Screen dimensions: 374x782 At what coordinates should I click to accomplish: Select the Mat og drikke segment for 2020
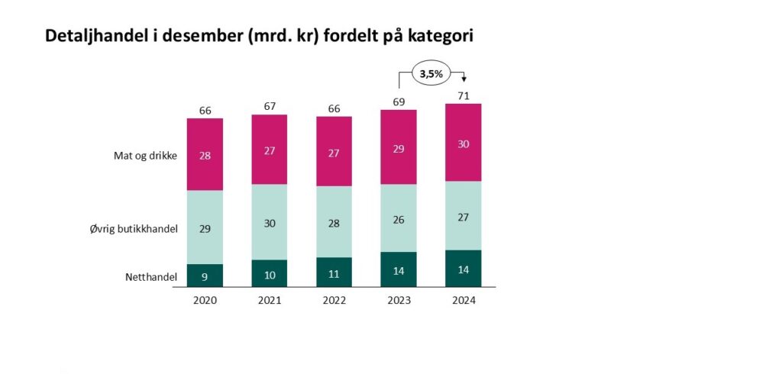coord(205,155)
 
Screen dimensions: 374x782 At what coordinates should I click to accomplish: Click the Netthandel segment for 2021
coord(270,274)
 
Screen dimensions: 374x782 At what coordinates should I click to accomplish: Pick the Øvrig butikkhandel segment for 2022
coord(334,221)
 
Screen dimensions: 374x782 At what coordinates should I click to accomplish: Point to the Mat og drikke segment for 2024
coord(464,143)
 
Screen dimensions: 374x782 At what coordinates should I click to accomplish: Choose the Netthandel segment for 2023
coord(399,269)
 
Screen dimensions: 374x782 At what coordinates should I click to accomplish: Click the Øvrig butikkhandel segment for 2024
coord(464,215)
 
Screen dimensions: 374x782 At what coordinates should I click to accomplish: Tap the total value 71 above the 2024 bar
coord(464,95)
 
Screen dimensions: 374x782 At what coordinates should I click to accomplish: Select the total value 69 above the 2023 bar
coord(399,102)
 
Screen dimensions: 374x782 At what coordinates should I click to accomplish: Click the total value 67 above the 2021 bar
coord(270,106)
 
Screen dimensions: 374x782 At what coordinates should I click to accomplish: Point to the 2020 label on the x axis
coord(205,300)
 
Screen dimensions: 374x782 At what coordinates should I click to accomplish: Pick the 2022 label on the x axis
coord(334,300)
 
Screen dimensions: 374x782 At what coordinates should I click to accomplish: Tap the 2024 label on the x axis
coord(464,300)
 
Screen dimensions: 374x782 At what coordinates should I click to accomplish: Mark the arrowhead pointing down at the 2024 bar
coord(464,80)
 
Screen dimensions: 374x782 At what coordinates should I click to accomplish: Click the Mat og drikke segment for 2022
coord(334,151)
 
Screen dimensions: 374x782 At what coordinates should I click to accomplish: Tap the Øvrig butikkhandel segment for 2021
coord(270,222)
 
